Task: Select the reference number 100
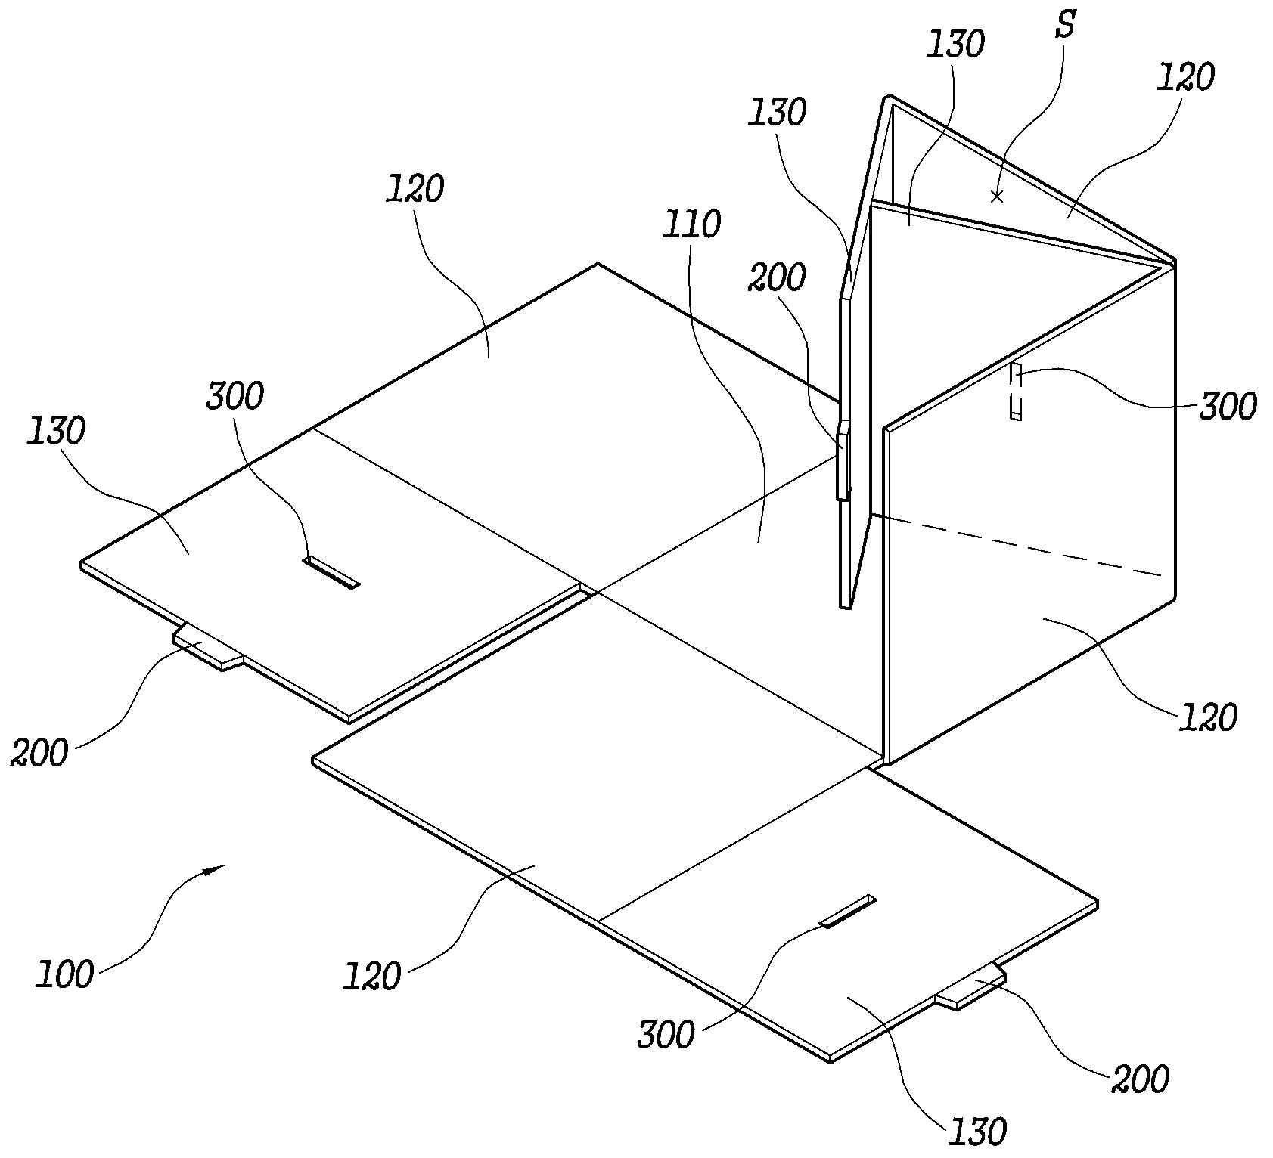66,974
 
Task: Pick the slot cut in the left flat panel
331,572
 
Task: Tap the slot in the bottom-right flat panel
848,912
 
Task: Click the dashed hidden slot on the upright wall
1016,390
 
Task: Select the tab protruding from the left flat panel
208,648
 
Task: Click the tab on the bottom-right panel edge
970,986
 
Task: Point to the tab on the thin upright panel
843,461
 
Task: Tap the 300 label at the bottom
666,1035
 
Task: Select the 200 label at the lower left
39,753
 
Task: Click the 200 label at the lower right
1141,1079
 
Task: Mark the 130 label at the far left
56,431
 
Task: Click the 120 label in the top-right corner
1185,77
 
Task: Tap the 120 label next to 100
371,976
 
